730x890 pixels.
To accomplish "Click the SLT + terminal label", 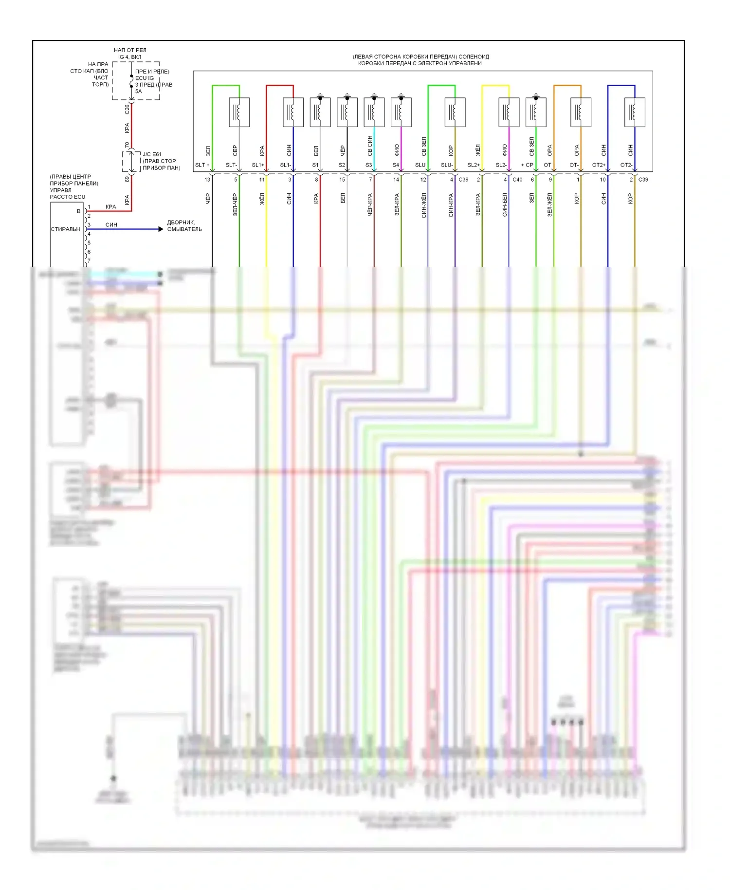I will pyautogui.click(x=202, y=165).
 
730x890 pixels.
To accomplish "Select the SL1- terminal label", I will pyautogui.click(x=285, y=165).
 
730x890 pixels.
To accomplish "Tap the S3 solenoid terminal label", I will pyautogui.click(x=368, y=165).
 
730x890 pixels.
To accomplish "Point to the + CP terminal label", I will pyautogui.click(x=527, y=165).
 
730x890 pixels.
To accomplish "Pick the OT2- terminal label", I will pyautogui.click(x=626, y=165).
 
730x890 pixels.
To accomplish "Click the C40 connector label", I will pyautogui.click(x=517, y=180).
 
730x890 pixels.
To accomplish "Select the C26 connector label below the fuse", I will pyautogui.click(x=127, y=110).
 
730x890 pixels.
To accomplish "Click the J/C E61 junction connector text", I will pyautogui.click(x=152, y=154).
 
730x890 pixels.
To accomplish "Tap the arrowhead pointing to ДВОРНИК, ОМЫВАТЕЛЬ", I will pyautogui.click(x=161, y=229).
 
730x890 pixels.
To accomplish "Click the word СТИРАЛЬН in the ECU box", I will pyautogui.click(x=66, y=229).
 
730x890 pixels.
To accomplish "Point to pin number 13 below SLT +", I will pyautogui.click(x=207, y=180).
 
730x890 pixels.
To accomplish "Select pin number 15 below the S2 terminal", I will pyautogui.click(x=342, y=180).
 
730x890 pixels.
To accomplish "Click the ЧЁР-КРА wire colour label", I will pyautogui.click(x=370, y=205).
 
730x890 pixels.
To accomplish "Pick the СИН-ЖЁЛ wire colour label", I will pyautogui.click(x=424, y=205).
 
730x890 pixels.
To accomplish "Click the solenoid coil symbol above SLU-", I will pyautogui.click(x=455, y=112).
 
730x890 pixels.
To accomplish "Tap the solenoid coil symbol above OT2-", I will pyautogui.click(x=635, y=112).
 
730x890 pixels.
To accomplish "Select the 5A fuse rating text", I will pyautogui.click(x=139, y=92).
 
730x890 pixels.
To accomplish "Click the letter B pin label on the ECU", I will pyautogui.click(x=78, y=211).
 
